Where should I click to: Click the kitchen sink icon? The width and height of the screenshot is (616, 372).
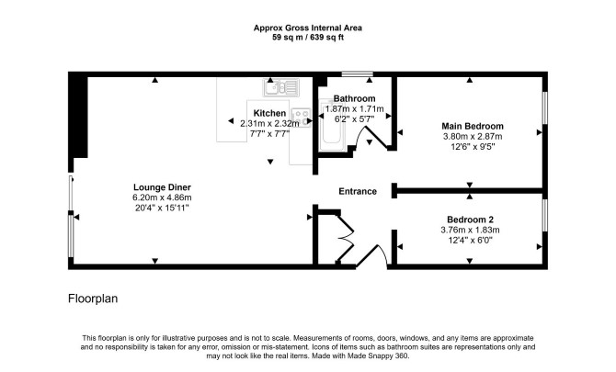click(x=278, y=88)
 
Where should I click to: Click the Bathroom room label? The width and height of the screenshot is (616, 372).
click(x=354, y=98)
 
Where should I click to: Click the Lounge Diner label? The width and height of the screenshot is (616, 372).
click(x=161, y=187)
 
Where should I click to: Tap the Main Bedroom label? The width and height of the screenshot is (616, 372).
click(x=473, y=126)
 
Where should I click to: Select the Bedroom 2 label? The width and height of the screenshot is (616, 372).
click(x=471, y=219)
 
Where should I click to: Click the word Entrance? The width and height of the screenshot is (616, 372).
click(x=358, y=191)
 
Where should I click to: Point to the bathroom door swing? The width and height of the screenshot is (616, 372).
click(x=373, y=138)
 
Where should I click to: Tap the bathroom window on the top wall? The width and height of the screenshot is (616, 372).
click(x=357, y=73)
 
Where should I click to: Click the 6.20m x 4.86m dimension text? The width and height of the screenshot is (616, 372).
click(x=161, y=197)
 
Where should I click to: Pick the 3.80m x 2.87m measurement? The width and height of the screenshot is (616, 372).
click(x=473, y=136)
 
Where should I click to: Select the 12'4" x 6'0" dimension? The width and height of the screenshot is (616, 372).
click(x=471, y=241)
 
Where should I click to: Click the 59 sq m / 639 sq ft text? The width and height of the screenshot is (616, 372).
click(x=308, y=39)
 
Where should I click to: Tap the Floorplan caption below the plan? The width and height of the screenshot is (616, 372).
click(x=93, y=299)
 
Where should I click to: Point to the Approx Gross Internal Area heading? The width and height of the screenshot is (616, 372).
click(x=308, y=28)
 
